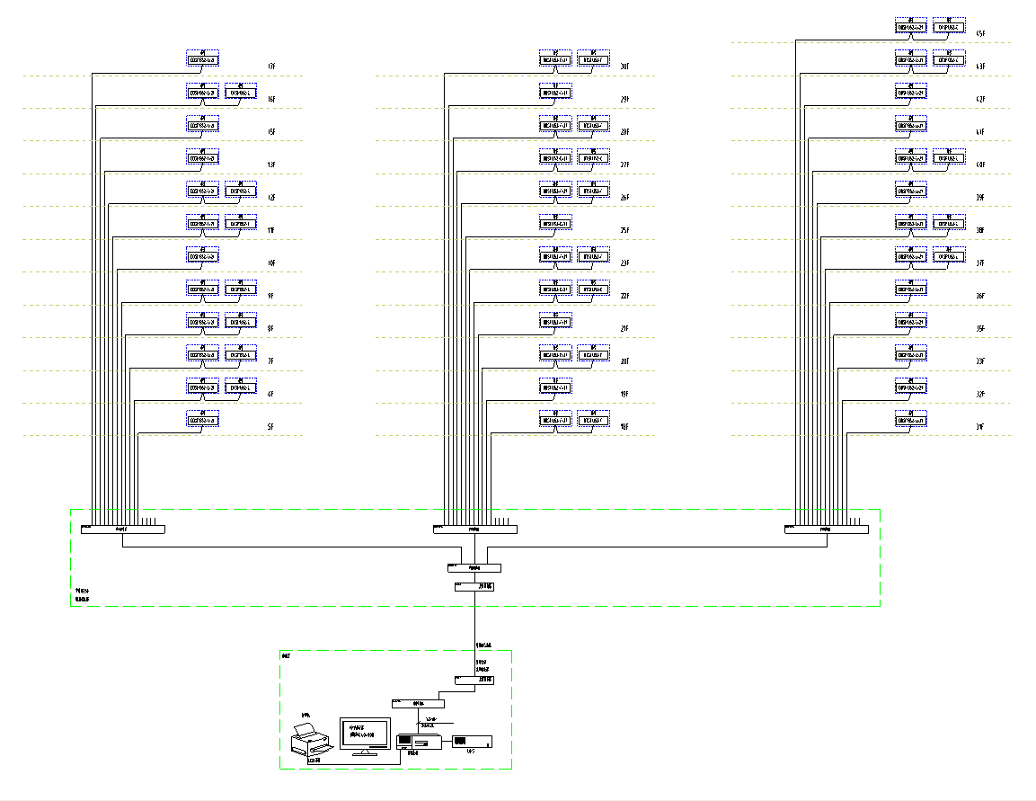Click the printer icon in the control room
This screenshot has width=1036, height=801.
pos(311,739)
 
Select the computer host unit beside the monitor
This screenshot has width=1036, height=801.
pos(418,742)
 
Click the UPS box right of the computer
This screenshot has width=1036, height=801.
pos(472,742)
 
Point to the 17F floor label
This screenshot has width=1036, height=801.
pos(270,67)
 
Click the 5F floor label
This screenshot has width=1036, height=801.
pos(270,427)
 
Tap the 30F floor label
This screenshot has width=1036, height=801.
pos(624,67)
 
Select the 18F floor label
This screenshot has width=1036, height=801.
pos(624,427)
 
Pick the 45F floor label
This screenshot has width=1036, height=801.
pos(980,33)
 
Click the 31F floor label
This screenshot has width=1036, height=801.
pos(980,427)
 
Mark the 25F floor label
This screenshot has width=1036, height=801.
pos(624,231)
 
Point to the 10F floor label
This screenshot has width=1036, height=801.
pos(270,263)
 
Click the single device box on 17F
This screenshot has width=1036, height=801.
pos(203,59)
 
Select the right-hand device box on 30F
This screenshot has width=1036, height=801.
pos(593,59)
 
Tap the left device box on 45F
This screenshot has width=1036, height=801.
pos(911,26)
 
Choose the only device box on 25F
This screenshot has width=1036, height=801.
pos(555,223)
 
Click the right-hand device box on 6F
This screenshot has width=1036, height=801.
pos(240,387)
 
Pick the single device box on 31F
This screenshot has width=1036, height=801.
pos(911,420)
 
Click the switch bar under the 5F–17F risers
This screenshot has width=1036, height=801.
pos(122,530)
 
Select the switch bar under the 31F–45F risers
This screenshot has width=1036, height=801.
pos(827,530)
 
